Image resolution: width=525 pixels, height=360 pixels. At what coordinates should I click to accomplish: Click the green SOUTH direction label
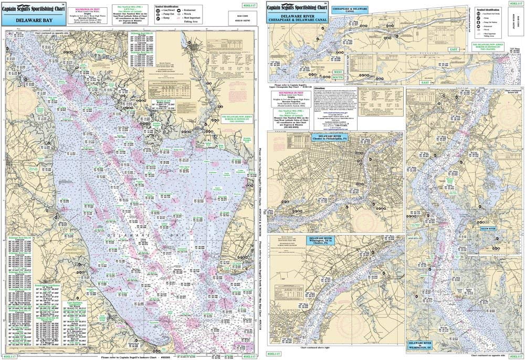click(x=336, y=78)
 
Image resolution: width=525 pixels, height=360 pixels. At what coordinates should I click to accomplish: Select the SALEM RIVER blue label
click(x=484, y=230)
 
